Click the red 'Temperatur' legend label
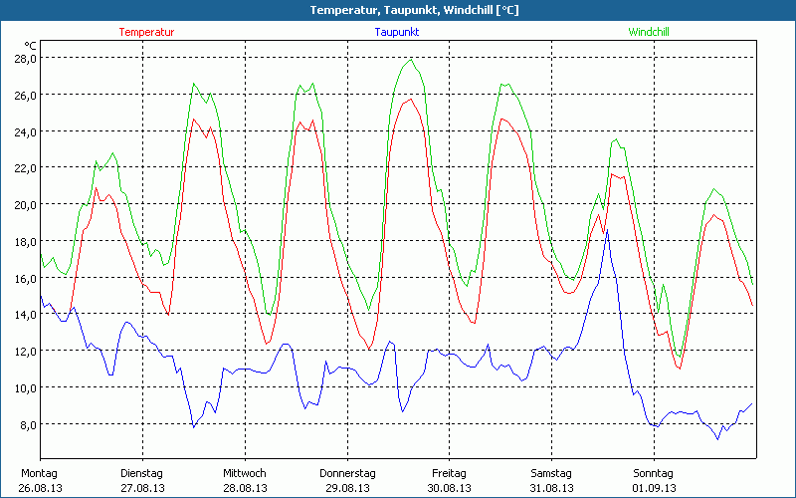click(146, 32)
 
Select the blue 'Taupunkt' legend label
click(397, 32)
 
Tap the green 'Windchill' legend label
click(648, 32)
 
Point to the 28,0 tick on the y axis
click(25, 58)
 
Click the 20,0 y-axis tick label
click(25, 204)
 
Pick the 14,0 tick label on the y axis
click(25, 314)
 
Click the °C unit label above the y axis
click(31, 46)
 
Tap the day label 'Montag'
click(40, 473)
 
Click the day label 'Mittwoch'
click(245, 473)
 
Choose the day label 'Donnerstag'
click(347, 473)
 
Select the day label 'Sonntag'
click(654, 473)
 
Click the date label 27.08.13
click(143, 488)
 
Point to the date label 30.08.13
click(450, 488)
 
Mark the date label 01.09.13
click(655, 488)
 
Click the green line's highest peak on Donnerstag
click(410, 59)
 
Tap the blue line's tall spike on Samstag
click(607, 231)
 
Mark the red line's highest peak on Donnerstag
click(409, 99)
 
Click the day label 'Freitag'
click(450, 473)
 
